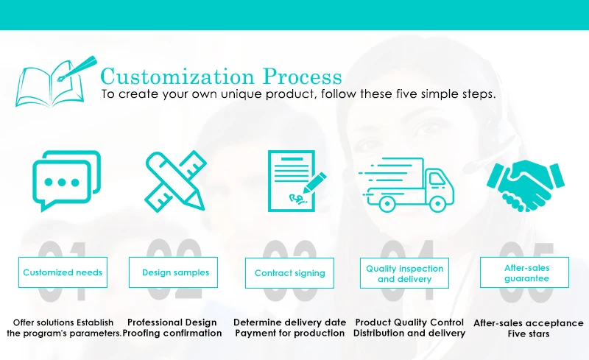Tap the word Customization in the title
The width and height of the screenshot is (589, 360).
177,77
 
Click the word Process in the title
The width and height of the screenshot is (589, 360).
303,77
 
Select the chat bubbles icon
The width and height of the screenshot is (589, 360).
67,181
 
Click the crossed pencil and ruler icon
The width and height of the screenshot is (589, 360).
175,181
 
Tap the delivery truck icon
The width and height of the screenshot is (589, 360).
406,185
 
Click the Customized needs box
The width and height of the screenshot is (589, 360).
63,272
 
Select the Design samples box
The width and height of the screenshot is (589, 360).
173,272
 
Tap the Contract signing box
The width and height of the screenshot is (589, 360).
289,273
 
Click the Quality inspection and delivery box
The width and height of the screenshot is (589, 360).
404,273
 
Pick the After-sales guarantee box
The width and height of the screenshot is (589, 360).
524,272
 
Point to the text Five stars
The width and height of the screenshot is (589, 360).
529,333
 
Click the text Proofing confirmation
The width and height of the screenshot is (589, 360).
172,333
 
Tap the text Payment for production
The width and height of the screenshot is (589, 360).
289,333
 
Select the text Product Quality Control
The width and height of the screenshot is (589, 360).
409,322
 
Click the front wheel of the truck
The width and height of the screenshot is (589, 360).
437,204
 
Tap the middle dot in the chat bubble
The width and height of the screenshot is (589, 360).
62,183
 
